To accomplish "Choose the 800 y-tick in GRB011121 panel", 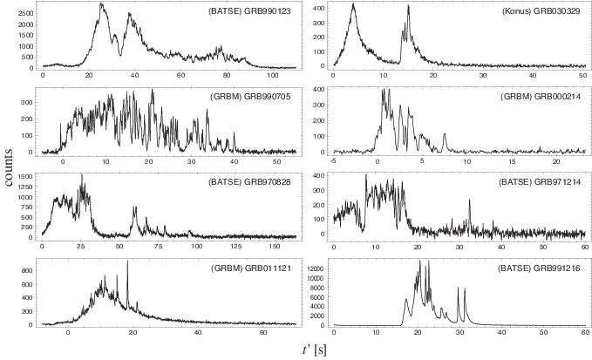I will coord(28,271).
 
